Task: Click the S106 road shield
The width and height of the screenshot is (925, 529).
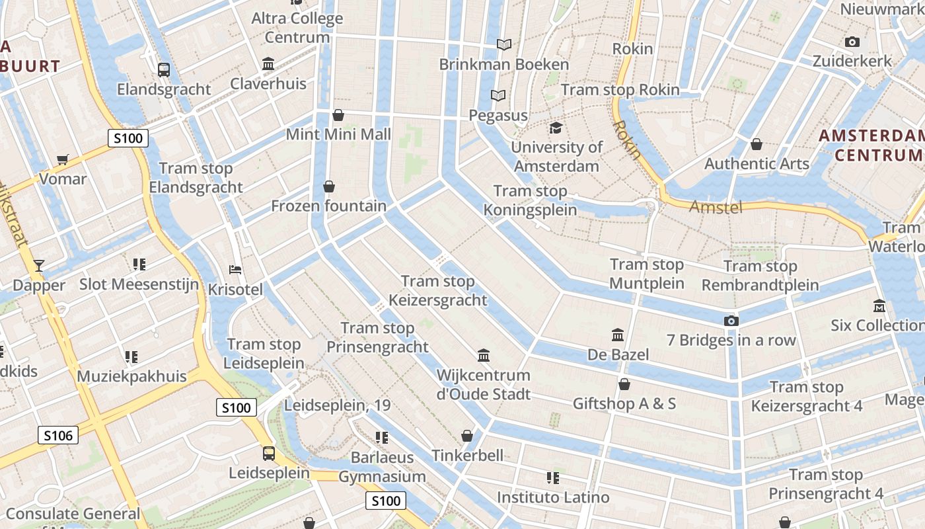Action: click(58, 435)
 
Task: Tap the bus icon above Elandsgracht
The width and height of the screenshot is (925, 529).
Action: click(163, 69)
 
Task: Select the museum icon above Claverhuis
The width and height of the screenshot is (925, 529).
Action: click(268, 64)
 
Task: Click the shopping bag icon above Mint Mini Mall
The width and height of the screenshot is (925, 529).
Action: click(338, 115)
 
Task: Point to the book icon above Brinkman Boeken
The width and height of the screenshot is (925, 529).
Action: click(504, 44)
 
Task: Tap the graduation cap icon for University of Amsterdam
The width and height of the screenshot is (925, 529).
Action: click(556, 128)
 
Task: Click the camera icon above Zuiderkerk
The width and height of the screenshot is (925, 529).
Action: click(852, 42)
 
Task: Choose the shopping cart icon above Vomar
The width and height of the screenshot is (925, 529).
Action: click(63, 159)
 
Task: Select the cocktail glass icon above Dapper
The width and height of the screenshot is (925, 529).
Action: click(39, 266)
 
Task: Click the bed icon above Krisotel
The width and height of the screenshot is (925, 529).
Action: click(235, 270)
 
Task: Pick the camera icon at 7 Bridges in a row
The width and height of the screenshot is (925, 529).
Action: click(731, 321)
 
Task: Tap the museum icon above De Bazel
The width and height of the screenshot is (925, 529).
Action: click(618, 335)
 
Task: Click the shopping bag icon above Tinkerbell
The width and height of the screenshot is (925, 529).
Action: click(467, 436)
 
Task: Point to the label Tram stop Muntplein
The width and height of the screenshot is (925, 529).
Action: click(647, 274)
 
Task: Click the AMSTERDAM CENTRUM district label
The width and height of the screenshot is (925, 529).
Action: click(871, 145)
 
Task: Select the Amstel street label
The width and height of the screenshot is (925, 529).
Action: click(716, 208)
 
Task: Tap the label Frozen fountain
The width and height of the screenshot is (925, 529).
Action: click(328, 206)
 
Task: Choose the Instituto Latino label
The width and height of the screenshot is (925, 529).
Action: click(553, 497)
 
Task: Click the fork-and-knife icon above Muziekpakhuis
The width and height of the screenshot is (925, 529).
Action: click(131, 357)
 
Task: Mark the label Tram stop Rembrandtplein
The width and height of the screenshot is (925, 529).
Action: click(760, 276)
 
